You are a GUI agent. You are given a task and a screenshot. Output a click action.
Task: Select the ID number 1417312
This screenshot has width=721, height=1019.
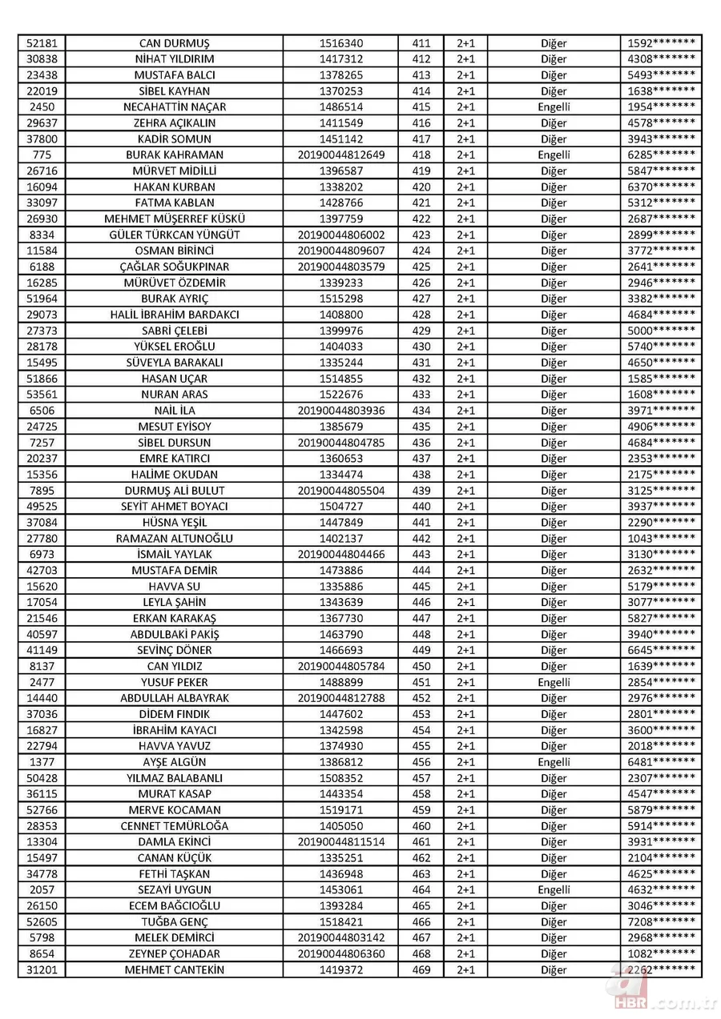point(340,59)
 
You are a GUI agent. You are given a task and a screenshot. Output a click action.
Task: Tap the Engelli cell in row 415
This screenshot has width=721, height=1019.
point(554,107)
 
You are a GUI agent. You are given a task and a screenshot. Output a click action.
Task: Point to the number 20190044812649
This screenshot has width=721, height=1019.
point(340,155)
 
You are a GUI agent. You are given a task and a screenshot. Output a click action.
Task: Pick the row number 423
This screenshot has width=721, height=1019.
point(421,235)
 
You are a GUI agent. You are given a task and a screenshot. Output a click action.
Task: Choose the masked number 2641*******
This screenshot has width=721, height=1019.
point(661,267)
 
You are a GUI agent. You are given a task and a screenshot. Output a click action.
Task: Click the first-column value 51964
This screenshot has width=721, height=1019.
point(42,299)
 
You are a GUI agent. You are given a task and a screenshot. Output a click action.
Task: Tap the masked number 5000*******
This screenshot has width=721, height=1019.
point(661,331)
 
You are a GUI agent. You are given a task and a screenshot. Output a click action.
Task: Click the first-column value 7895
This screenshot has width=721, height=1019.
point(42,491)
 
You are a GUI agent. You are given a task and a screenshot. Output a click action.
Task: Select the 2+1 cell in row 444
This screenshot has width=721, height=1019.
point(465,571)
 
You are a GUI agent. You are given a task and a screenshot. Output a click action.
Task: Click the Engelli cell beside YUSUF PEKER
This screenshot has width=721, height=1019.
point(554,683)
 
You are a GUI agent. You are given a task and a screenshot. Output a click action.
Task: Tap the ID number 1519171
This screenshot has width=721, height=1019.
point(340,810)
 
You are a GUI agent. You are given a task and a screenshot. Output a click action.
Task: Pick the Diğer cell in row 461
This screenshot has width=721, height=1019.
point(554,842)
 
